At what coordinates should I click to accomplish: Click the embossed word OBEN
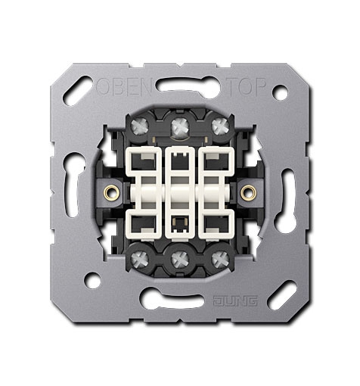124,86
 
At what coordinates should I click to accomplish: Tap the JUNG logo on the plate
235,300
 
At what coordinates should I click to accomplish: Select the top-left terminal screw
140,126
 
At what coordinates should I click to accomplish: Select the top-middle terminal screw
180,126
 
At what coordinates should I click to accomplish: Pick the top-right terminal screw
220,126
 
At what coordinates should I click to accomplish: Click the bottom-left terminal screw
140,260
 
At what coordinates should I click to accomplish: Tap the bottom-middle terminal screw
180,260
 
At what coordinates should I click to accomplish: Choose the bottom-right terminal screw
220,260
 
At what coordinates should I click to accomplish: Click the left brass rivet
111,192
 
